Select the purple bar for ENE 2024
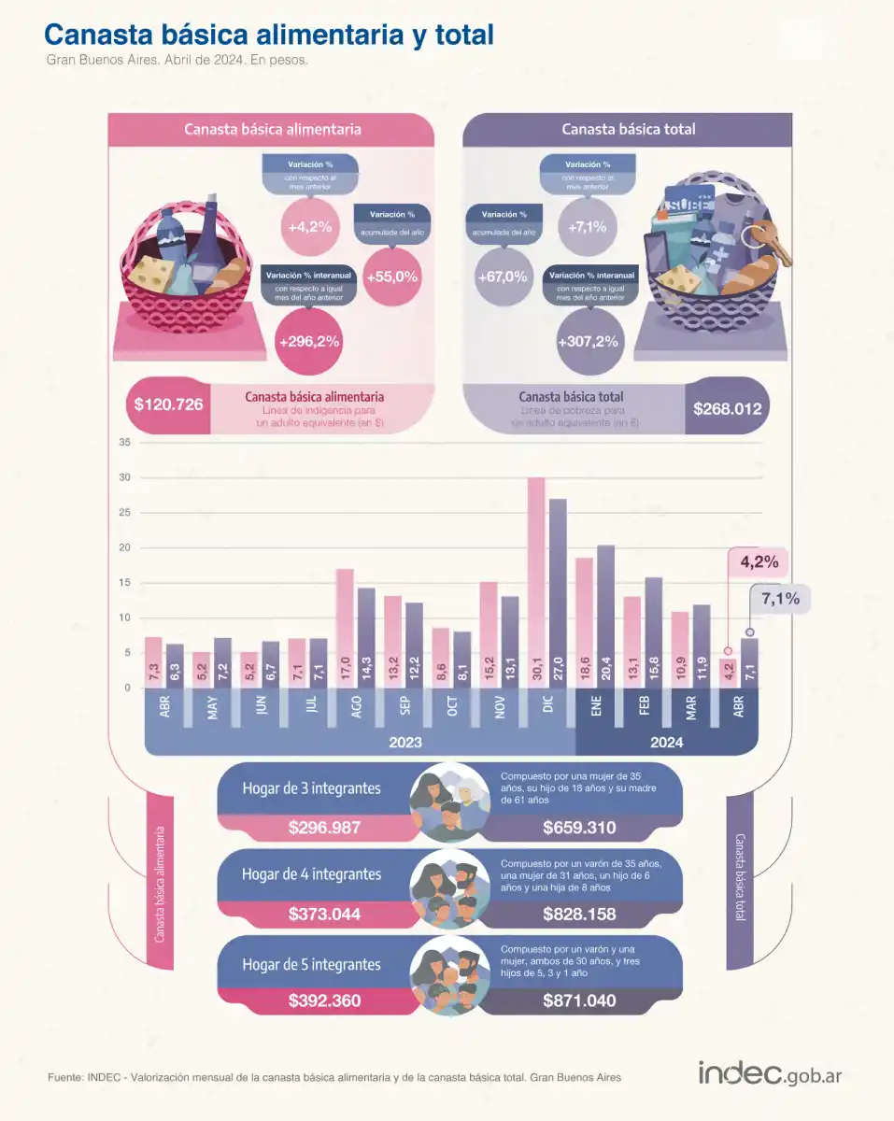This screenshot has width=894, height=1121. (604, 617)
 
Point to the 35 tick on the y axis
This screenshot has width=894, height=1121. (124, 442)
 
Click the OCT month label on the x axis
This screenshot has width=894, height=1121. (452, 707)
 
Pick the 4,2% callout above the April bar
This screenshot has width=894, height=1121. (759, 563)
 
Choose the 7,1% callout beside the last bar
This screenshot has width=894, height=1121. (780, 600)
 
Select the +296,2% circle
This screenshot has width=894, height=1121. (308, 342)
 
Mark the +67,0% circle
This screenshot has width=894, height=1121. (502, 277)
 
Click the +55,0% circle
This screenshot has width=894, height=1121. (392, 277)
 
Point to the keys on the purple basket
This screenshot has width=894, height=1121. (772, 243)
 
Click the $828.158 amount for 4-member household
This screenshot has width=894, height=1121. (579, 914)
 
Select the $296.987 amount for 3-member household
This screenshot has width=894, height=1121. (324, 828)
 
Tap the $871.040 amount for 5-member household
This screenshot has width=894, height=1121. (579, 1000)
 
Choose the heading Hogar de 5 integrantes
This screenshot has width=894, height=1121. (311, 964)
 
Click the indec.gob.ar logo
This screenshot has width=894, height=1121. (770, 1073)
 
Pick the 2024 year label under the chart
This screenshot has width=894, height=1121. (667, 742)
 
